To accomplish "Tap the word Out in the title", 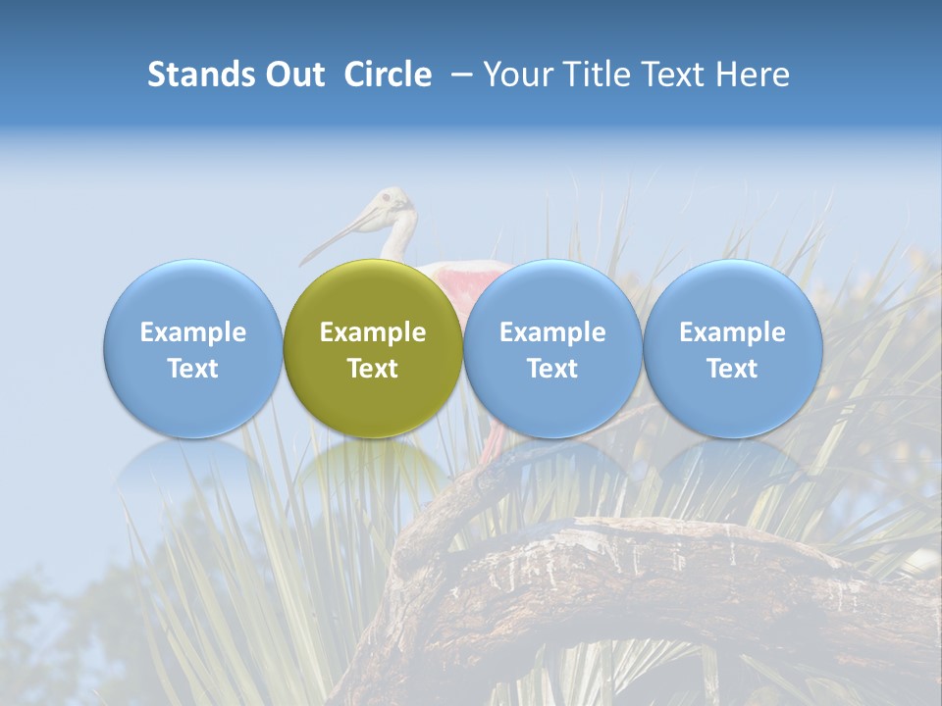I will (x=295, y=75).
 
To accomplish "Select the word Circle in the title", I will (x=388, y=75).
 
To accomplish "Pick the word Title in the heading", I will (x=600, y=75).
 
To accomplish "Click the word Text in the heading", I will (x=677, y=75).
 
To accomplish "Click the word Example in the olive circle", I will (x=373, y=332).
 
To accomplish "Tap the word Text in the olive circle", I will (x=373, y=369).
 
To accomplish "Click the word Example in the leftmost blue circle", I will (x=193, y=332).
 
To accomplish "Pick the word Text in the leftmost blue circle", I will (x=193, y=369).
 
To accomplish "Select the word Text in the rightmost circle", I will (x=732, y=369).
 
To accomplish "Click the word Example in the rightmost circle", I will (x=732, y=332).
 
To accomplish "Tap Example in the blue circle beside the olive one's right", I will (x=552, y=332).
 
